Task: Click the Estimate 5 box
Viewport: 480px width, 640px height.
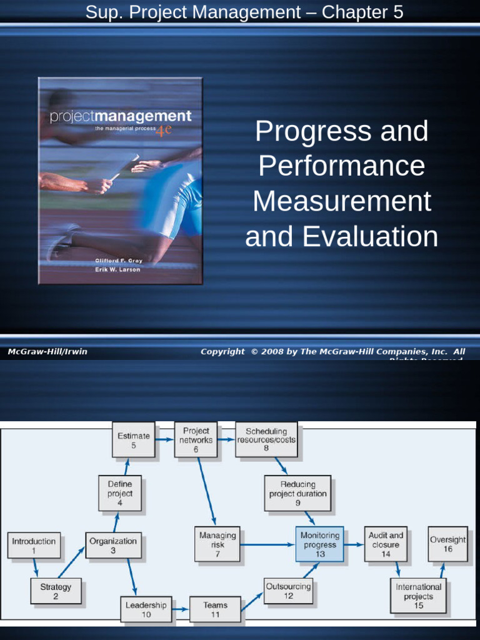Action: pos(134,440)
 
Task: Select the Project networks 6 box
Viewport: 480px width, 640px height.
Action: pos(196,440)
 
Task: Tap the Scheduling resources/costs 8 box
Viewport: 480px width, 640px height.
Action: pos(266,440)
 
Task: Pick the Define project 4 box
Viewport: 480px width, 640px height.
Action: pos(120,493)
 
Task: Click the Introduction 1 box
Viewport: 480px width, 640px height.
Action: pos(34,546)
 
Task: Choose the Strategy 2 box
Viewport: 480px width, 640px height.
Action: pos(56,591)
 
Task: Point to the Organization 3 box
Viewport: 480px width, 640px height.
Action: pos(113,546)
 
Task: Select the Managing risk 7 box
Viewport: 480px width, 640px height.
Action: pos(217,544)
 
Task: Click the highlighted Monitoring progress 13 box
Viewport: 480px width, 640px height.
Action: pos(320,544)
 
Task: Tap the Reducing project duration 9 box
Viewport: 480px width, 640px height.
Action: pos(298,493)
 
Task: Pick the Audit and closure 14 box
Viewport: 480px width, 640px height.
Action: pos(386,544)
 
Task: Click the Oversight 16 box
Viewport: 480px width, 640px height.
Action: pos(448,544)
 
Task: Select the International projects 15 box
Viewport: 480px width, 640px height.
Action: pos(418,596)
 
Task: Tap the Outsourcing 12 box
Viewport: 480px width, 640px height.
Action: pos(288,591)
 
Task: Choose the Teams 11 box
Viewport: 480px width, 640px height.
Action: pos(216,609)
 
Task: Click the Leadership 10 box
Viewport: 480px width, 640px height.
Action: pos(146,609)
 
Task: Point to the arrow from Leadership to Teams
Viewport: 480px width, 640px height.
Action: pos(181,609)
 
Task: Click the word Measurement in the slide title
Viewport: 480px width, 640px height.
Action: pos(342,202)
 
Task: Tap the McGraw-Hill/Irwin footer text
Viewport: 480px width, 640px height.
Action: pos(47,352)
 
